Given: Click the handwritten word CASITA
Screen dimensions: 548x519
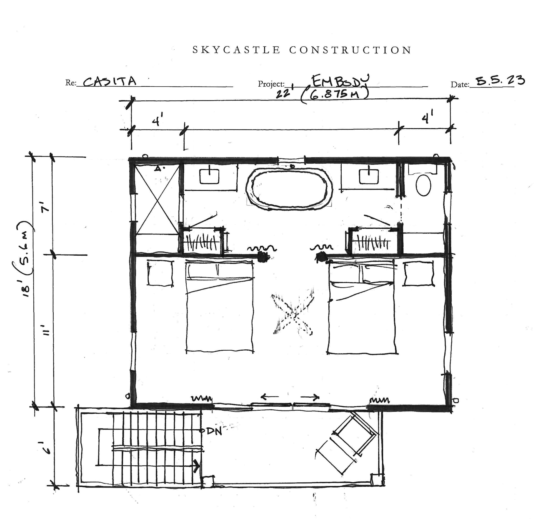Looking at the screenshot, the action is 110,81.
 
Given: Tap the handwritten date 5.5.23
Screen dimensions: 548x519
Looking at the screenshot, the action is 500,80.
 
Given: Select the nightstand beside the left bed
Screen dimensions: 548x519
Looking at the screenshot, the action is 160,273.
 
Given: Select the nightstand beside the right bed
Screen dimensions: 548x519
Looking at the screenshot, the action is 418,274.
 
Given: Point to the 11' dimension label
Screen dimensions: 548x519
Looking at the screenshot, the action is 46,330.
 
